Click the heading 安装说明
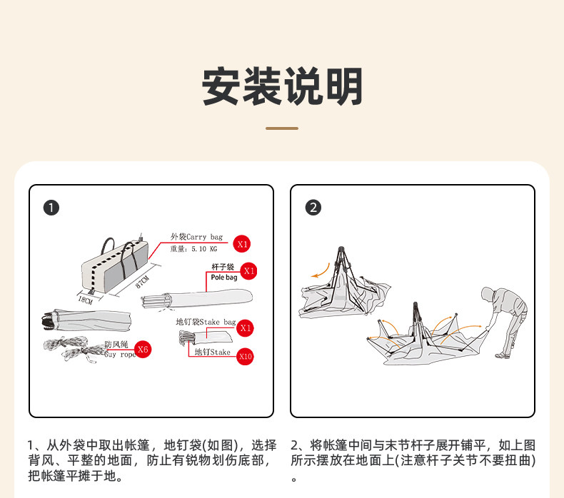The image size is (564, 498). pos(282,86)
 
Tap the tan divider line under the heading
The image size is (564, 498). pos(282,128)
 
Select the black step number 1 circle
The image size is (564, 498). pos(51,208)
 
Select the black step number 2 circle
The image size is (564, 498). pos(313,208)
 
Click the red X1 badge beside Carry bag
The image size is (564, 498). pos(243,243)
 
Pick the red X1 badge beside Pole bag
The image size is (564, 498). pos(249,271)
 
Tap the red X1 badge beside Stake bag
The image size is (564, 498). pos(246,328)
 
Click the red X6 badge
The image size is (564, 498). pos(143,350)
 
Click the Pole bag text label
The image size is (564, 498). pos(223,278)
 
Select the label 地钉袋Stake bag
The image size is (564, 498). pos(206,322)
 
